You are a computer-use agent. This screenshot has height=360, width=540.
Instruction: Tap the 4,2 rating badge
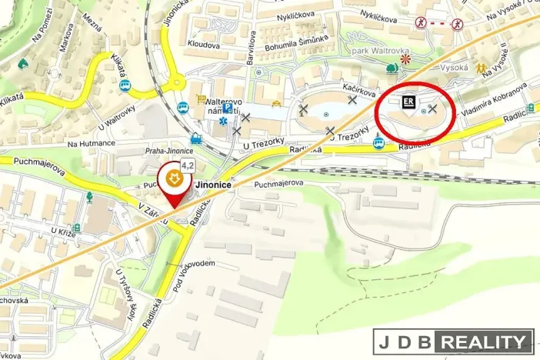pyautogui.click(x=188, y=165)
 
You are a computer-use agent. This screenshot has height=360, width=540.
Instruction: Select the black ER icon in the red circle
pyautogui.click(x=408, y=102)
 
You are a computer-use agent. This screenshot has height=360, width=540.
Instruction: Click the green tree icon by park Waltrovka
pyautogui.click(x=392, y=68)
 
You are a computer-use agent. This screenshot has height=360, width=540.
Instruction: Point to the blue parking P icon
pyautogui.click(x=228, y=109)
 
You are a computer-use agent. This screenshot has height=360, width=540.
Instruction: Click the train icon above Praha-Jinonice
pyautogui.click(x=196, y=139)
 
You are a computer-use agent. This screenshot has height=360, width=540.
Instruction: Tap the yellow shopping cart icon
pyautogui.click(x=202, y=100)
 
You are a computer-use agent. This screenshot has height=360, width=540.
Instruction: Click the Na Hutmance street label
pyautogui.click(x=91, y=143)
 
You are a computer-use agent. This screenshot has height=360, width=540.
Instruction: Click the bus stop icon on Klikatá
pyautogui.click(x=125, y=85)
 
